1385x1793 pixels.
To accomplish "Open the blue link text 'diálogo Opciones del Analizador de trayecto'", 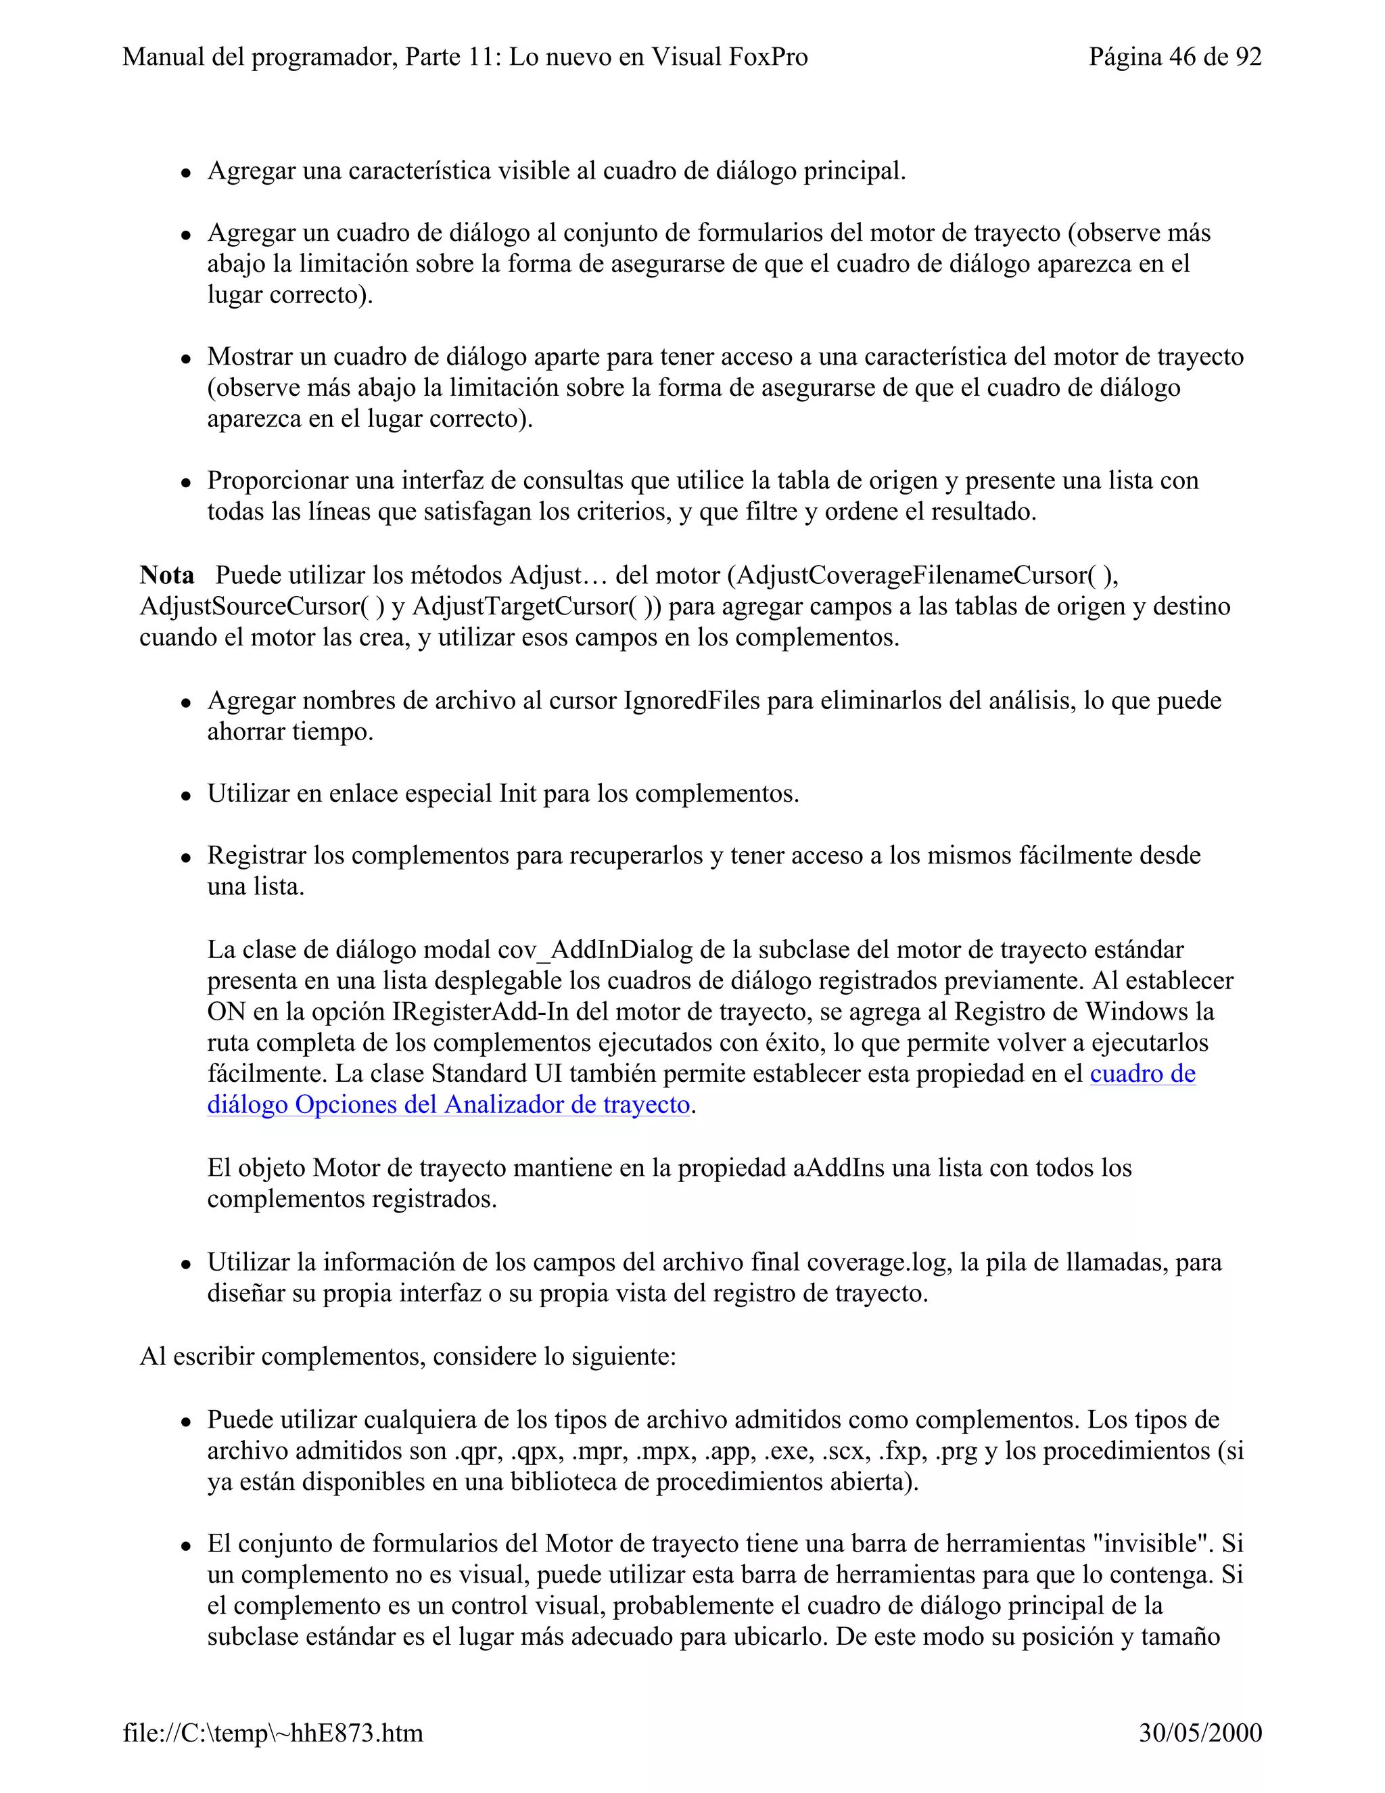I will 448,1105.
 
